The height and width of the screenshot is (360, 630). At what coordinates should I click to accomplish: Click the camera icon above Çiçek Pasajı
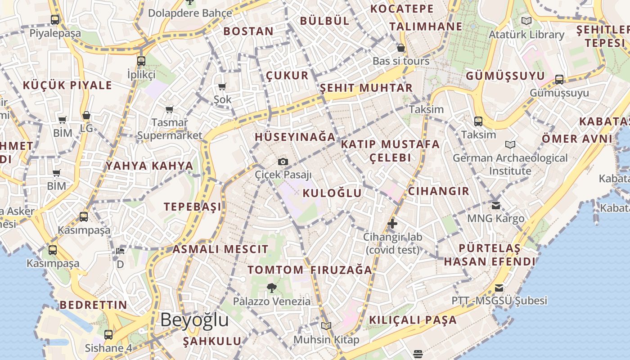[x=283, y=162]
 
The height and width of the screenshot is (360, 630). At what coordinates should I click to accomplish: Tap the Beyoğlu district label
[x=194, y=320]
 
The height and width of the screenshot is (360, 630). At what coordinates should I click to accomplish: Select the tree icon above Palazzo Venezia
[x=271, y=288]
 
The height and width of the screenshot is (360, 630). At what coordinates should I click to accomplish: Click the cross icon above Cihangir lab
[x=392, y=223]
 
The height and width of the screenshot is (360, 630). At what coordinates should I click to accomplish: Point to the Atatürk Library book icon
[x=526, y=21]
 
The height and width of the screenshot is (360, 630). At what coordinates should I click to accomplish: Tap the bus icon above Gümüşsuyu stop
[x=559, y=80]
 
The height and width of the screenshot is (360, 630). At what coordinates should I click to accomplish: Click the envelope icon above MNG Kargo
[x=495, y=205]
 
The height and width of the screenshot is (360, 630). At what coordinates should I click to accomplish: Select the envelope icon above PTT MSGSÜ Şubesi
[x=499, y=288]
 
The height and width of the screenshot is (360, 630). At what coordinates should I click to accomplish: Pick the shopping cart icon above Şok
[x=222, y=86]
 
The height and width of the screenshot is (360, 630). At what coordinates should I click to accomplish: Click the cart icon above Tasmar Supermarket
[x=170, y=109]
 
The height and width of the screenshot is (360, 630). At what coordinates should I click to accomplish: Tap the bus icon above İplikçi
[x=141, y=61]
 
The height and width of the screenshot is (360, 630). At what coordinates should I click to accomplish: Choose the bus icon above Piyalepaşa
[x=55, y=20]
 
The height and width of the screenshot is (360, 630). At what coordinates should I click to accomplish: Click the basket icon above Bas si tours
[x=401, y=48]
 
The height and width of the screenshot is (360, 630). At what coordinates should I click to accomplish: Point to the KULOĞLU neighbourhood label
[x=333, y=193]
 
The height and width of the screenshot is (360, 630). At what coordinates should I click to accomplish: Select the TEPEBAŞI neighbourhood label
[x=193, y=207]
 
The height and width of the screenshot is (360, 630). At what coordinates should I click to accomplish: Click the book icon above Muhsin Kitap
[x=326, y=326]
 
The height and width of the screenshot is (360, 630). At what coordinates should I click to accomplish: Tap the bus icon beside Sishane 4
[x=108, y=334]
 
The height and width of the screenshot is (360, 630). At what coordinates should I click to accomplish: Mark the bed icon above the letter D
[x=120, y=251]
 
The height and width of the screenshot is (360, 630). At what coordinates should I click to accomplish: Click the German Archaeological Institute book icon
[x=510, y=144]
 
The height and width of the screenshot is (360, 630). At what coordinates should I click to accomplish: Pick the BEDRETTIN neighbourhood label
[x=94, y=305]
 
